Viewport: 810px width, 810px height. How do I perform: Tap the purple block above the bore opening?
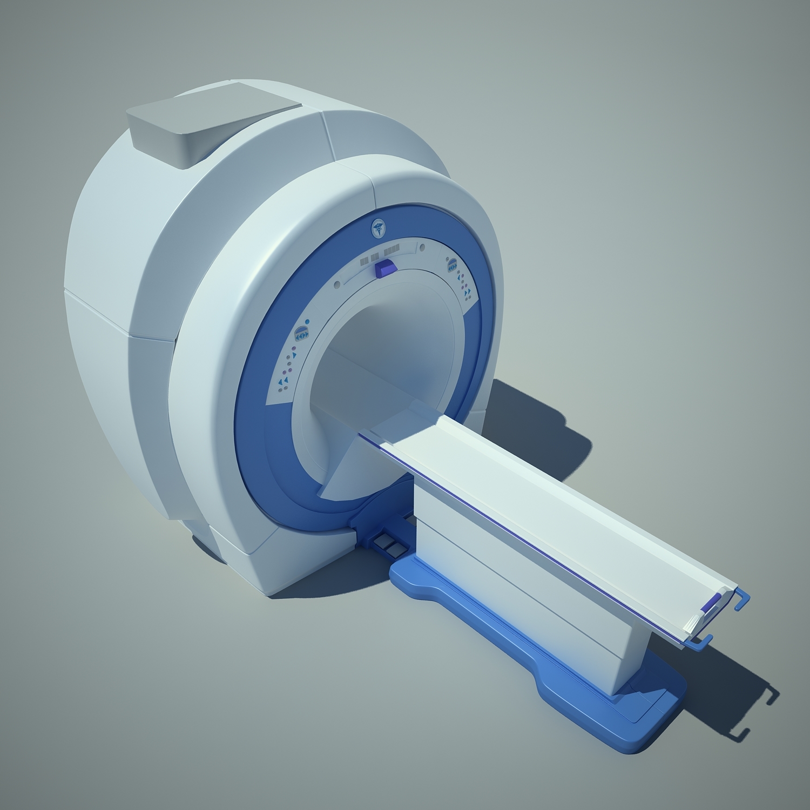point(384,267)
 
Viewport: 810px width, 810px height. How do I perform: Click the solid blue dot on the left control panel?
point(307,322)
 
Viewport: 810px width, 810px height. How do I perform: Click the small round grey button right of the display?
point(422,248)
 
